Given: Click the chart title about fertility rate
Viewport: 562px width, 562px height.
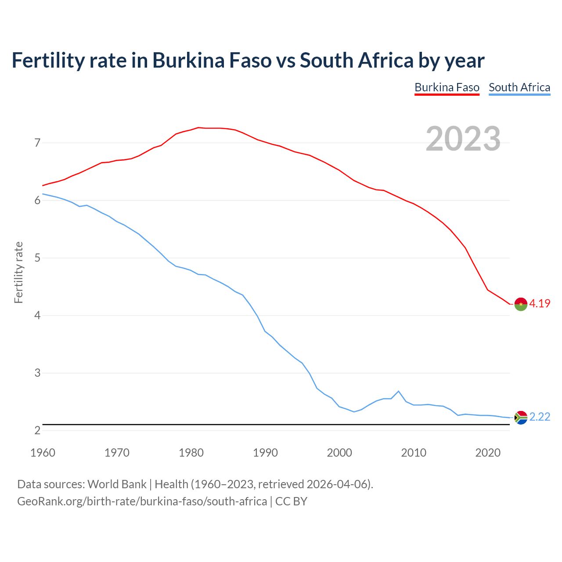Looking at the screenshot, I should click(248, 61).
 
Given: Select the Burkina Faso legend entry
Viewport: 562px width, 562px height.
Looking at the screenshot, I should click(447, 87).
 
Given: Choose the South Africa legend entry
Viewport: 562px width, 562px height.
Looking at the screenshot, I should click(519, 87).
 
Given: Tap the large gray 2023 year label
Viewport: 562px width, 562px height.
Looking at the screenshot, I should click(463, 139).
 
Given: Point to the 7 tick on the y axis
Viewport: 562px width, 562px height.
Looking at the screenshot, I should click(37, 143).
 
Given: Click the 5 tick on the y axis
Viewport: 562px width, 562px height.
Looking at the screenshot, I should click(37, 258).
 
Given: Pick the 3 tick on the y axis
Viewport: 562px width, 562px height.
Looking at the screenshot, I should click(37, 373).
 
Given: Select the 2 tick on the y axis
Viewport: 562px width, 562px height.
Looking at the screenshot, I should click(37, 430).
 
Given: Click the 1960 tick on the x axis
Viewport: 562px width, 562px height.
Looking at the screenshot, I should click(43, 453).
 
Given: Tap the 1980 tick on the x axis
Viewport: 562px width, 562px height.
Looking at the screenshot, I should click(191, 453).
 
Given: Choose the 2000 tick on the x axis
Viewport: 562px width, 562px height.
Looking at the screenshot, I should click(339, 453).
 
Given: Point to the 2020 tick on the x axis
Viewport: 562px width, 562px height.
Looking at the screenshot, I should click(488, 453).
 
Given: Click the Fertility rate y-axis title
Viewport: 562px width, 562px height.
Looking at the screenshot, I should click(18, 272).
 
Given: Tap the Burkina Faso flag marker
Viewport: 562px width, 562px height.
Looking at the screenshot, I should click(521, 304).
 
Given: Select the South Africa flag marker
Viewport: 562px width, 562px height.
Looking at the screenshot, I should click(521, 418).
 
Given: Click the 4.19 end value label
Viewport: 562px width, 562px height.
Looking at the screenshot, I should click(540, 303).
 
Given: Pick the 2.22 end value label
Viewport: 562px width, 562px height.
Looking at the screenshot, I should click(540, 417).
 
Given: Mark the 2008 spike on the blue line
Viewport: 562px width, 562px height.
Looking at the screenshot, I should click(398, 391).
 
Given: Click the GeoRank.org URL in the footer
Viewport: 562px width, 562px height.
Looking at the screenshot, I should click(142, 501).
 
